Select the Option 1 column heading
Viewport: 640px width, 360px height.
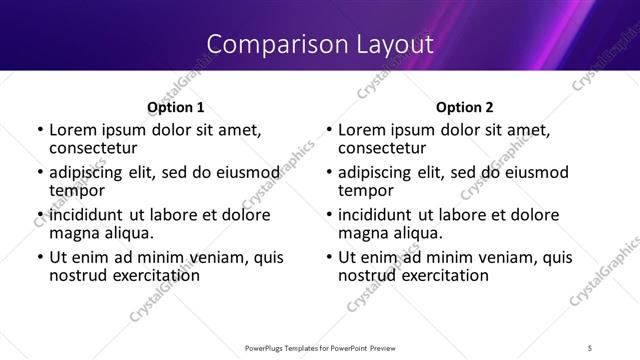pos(175,107)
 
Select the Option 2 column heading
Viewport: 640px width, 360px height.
pos(464,107)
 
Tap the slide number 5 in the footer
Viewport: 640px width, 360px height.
pos(590,347)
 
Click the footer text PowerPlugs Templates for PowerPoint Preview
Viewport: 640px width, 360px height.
pos(319,347)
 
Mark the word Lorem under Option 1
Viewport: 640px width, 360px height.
pos(71,130)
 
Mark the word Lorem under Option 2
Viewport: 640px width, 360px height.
pos(360,130)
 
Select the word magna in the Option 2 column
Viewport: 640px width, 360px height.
pos(363,233)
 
